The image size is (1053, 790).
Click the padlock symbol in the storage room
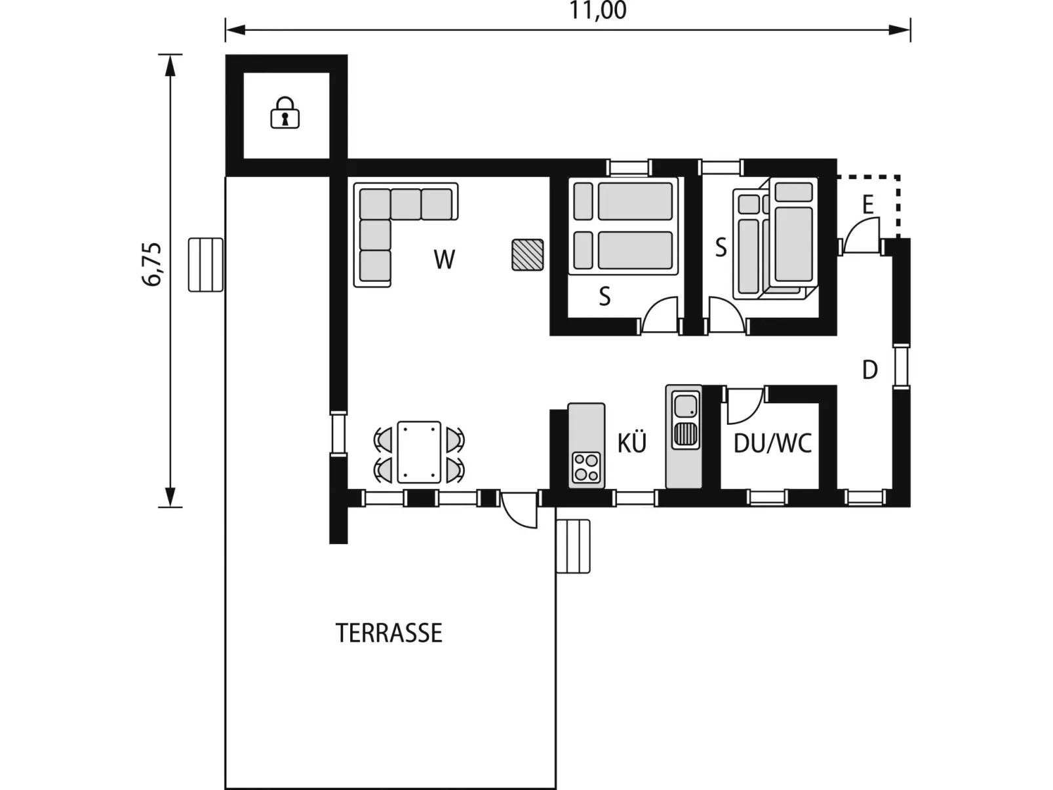coord(285,113)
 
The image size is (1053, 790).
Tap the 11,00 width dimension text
coord(598,11)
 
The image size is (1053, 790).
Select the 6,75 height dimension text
coord(153,264)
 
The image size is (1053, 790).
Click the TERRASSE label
coord(389,633)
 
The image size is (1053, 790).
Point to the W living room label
coord(445,260)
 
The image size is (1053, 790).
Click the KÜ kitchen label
coord(632,443)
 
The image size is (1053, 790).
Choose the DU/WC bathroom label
coord(772,444)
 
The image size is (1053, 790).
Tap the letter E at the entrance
coord(868,205)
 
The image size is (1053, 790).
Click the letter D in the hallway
coord(870,370)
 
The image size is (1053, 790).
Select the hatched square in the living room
coord(528,254)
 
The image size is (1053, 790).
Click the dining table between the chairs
coord(419,452)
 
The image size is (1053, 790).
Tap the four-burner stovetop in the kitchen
coord(586,467)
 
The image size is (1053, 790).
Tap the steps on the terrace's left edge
coord(205,265)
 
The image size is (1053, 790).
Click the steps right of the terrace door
coord(573,546)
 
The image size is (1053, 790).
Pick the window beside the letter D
coord(901,366)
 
